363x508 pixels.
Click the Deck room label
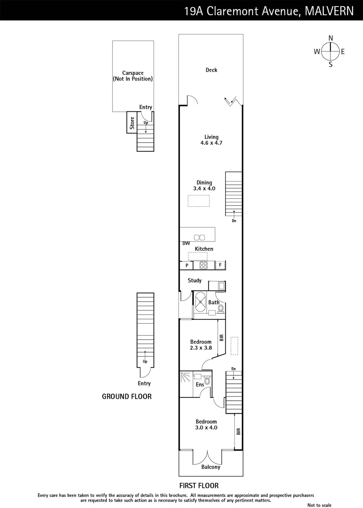(x=211, y=70)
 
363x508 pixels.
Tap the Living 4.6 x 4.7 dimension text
(x=211, y=143)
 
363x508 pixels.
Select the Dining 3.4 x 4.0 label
(x=204, y=185)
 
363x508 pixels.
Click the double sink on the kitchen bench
(x=200, y=237)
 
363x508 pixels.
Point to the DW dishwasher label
(x=186, y=243)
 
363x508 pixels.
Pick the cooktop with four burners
(x=203, y=265)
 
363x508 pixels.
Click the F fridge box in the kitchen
(x=220, y=265)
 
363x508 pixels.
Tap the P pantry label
(x=187, y=265)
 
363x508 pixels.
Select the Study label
(x=195, y=281)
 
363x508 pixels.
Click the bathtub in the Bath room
(x=201, y=302)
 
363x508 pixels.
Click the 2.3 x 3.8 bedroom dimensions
(x=201, y=348)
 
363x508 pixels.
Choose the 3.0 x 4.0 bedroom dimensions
(x=206, y=427)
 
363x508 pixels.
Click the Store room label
(x=132, y=123)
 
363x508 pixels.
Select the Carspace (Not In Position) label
(x=133, y=76)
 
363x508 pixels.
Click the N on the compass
(x=331, y=38)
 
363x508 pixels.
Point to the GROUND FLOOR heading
(x=127, y=397)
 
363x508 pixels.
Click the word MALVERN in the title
(x=329, y=11)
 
